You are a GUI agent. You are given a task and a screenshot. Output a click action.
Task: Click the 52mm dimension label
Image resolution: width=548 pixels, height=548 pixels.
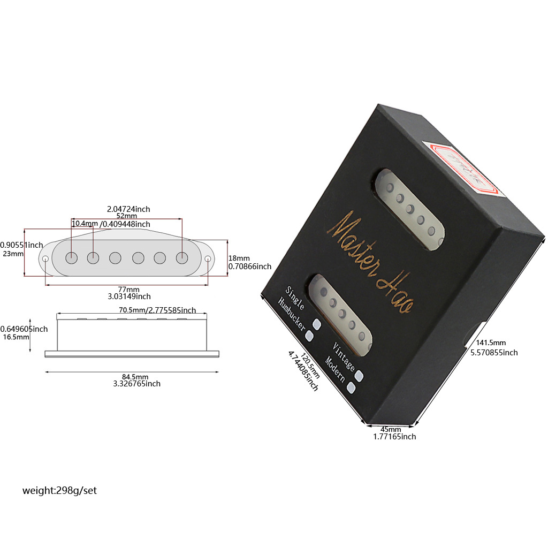coord(126,216)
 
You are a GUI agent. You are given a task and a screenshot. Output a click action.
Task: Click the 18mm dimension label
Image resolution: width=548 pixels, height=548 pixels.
coord(239,258)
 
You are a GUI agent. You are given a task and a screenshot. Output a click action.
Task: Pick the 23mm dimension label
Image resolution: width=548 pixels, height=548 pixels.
coord(13,254)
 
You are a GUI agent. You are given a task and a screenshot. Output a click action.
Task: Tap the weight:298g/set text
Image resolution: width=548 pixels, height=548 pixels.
coord(59,490)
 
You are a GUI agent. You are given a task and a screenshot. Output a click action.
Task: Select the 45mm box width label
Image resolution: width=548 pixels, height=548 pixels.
coord(391,429)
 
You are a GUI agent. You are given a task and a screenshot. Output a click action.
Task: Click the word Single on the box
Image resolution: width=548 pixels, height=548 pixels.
coord(295,298)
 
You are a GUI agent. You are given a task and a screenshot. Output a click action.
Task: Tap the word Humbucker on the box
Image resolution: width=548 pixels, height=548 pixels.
coord(291,316)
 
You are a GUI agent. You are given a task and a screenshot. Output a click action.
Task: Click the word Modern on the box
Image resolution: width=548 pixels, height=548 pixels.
coord(336,370)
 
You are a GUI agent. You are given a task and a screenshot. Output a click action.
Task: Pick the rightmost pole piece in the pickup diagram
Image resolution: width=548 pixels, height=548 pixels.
coord(182,258)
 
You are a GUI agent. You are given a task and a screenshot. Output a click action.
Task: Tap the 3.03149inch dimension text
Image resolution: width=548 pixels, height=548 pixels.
coord(129,296)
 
